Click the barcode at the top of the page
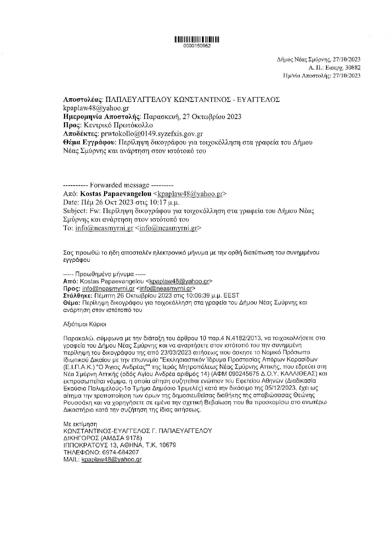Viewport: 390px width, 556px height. [197, 39]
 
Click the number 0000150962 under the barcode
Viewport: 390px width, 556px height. [197, 45]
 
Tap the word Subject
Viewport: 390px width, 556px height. [74, 211]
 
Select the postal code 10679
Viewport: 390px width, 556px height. [167, 445]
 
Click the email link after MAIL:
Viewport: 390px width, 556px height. [112, 459]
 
